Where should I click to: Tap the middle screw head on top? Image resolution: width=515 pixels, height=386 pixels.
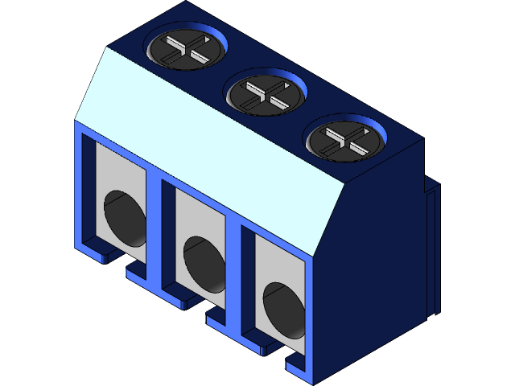266,93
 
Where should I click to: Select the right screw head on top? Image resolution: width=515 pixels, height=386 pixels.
344,137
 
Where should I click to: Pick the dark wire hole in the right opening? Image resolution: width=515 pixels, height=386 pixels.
283,308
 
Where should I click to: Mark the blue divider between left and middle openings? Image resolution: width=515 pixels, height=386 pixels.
157,233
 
